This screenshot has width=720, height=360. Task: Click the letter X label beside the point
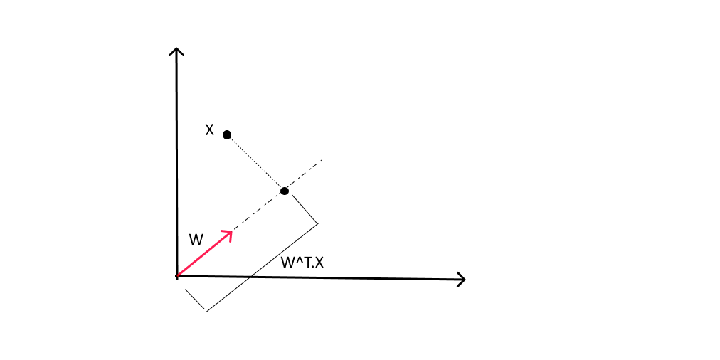[x=209, y=130]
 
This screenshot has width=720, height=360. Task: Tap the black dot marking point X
[x=227, y=134]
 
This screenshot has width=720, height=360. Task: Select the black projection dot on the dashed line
[x=285, y=191]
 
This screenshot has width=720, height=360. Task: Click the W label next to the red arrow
[x=196, y=239]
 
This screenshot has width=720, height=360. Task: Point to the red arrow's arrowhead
[x=228, y=234]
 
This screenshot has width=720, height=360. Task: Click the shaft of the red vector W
[x=204, y=254]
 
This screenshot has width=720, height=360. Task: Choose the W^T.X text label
[x=302, y=263]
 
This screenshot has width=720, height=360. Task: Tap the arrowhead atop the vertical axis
[x=176, y=51]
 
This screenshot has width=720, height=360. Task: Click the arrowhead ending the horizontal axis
[x=460, y=279]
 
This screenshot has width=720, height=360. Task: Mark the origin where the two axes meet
[x=176, y=277]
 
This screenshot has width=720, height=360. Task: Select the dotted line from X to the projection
[x=255, y=163]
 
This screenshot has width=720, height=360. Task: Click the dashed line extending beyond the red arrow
[x=277, y=195]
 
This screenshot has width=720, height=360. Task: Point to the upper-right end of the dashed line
[x=322, y=160]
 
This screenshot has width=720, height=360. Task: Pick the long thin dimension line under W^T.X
[x=262, y=268]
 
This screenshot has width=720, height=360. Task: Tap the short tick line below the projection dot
[x=305, y=208]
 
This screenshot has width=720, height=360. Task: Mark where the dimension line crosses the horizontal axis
[x=249, y=277]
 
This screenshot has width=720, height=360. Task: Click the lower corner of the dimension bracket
[x=206, y=312]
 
